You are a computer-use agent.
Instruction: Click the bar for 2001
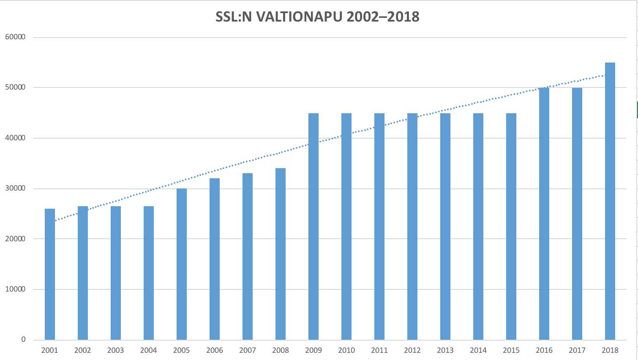(x=50, y=275)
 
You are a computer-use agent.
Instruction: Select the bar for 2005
(x=182, y=264)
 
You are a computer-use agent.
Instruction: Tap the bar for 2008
(x=281, y=254)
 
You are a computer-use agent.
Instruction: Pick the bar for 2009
(x=314, y=226)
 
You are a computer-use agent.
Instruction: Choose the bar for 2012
(x=412, y=226)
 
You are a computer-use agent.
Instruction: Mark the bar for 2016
(x=544, y=214)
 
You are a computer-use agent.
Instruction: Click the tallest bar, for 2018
(x=610, y=201)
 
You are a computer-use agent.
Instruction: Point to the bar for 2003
(x=116, y=273)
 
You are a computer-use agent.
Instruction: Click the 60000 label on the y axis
(x=15, y=37)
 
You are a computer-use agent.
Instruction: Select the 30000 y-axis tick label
(x=15, y=188)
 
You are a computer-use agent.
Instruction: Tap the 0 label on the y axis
(x=23, y=340)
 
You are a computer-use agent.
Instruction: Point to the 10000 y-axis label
(x=15, y=289)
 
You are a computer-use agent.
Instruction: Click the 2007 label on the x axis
(x=248, y=350)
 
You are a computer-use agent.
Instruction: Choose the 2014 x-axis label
(x=478, y=350)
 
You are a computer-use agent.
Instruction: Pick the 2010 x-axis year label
(x=346, y=350)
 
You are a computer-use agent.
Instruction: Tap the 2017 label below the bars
(x=577, y=350)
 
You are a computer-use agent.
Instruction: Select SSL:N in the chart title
(x=234, y=16)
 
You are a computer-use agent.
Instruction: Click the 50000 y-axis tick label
(x=15, y=87)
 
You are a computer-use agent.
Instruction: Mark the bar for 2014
(x=478, y=226)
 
